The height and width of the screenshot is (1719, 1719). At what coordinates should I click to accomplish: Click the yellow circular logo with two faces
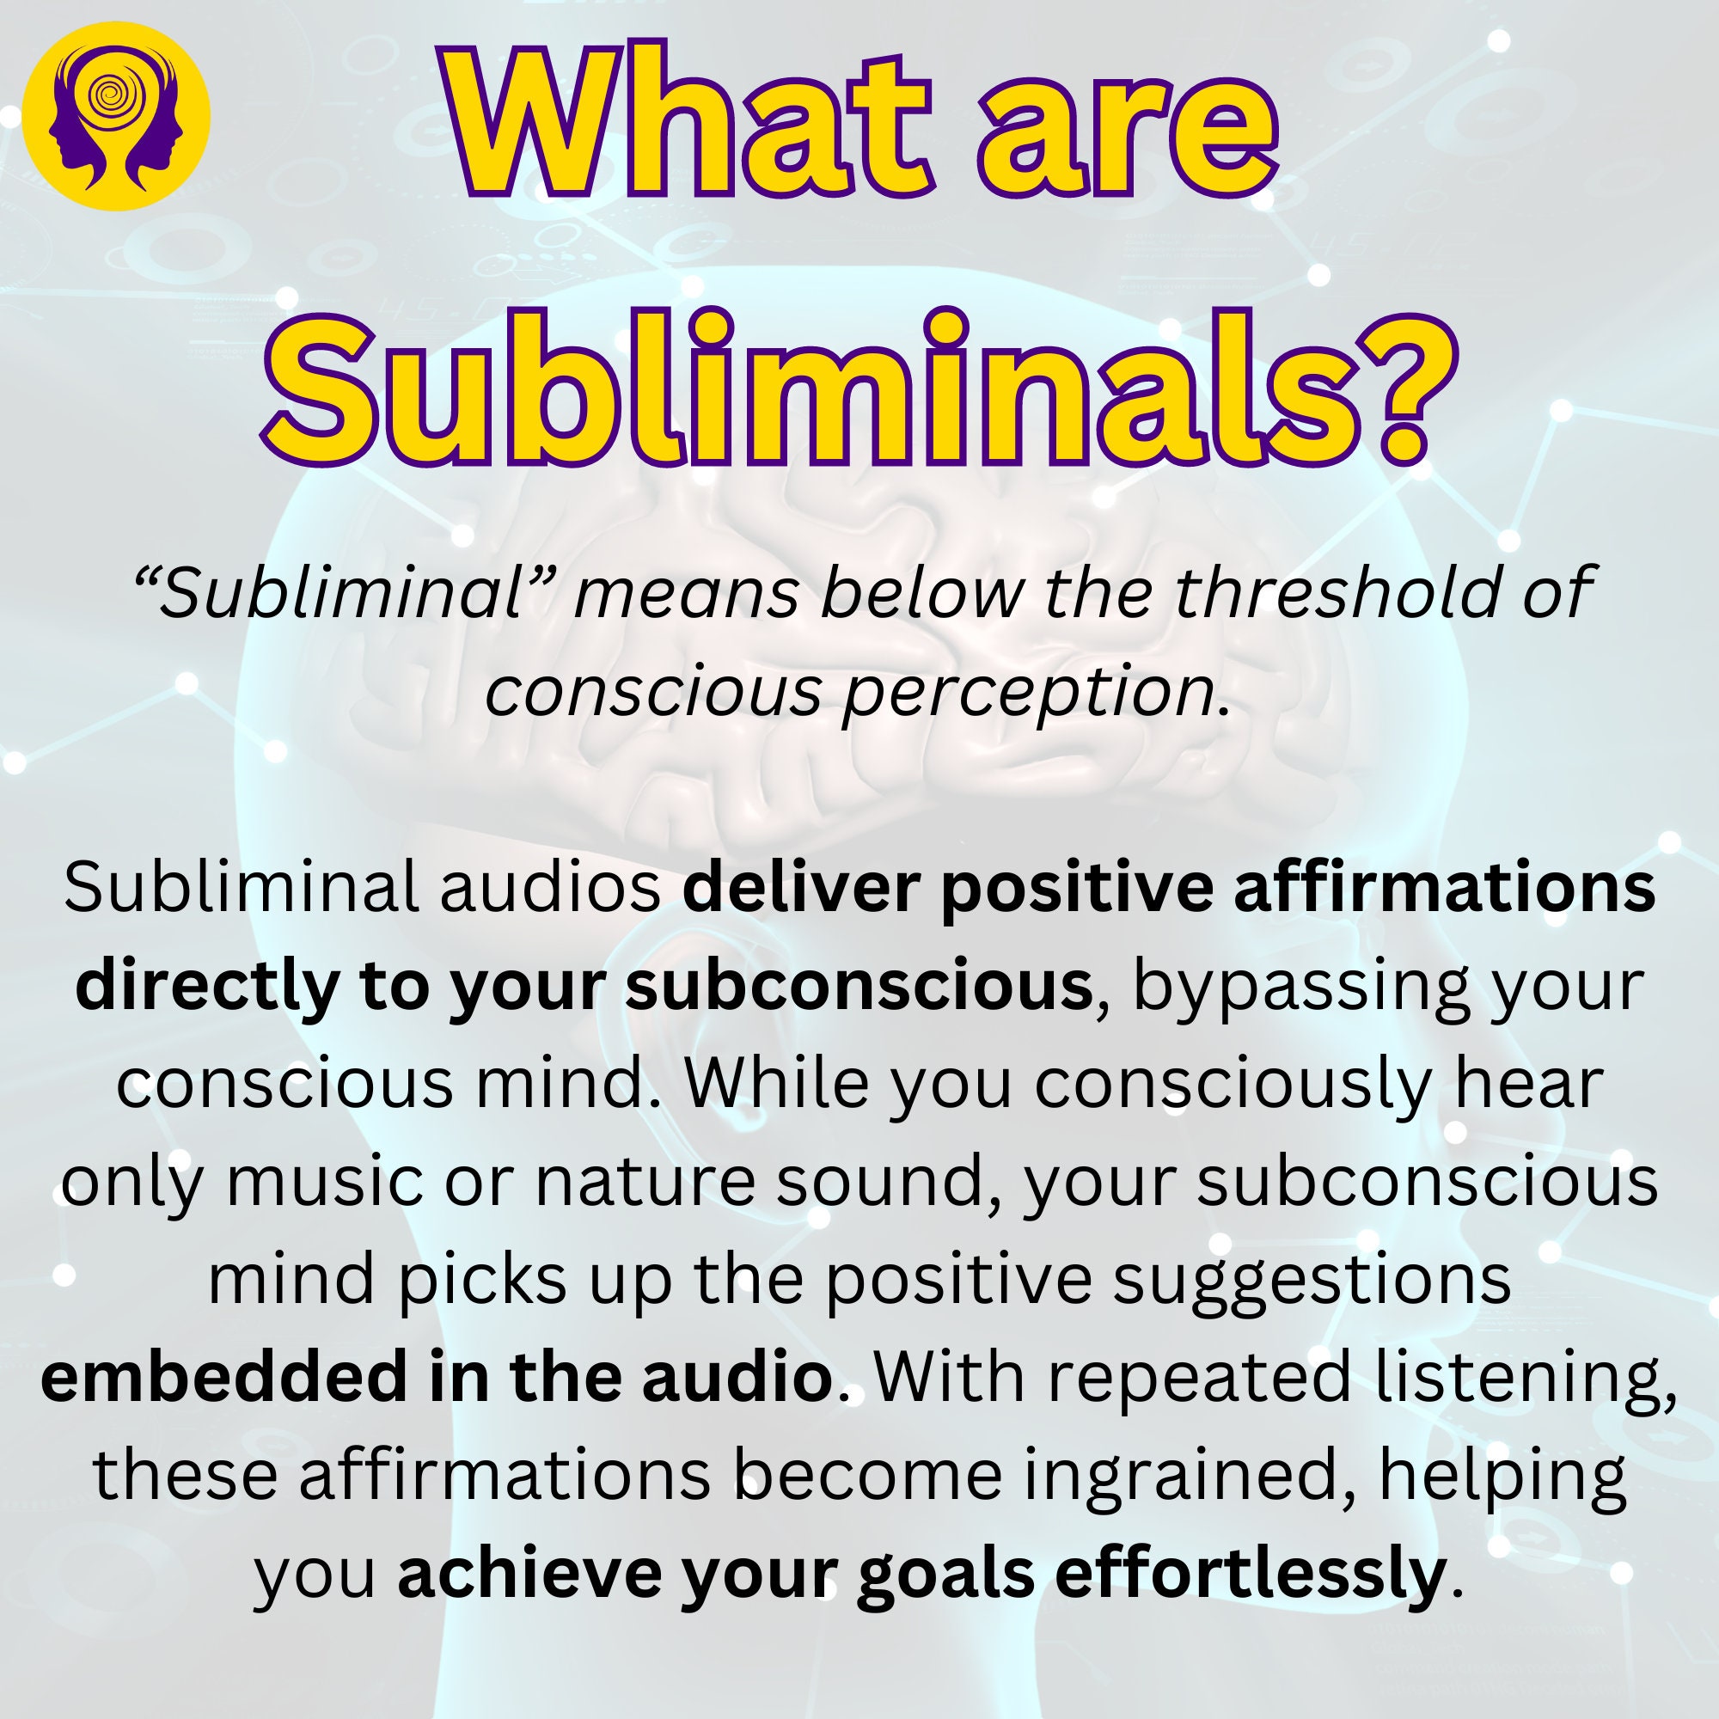click(116, 117)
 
